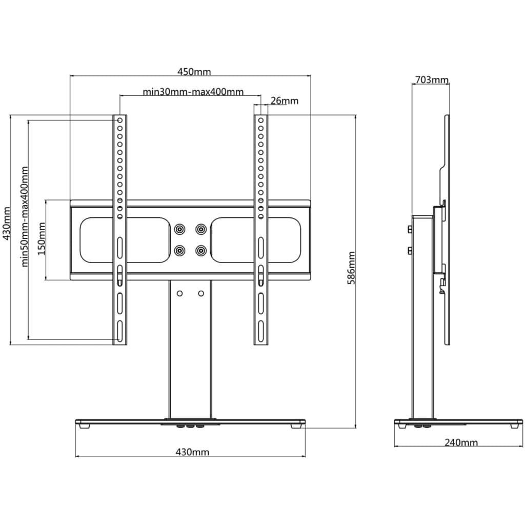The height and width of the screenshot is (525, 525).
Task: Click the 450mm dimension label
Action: (x=194, y=72)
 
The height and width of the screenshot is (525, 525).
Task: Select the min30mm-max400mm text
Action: (x=193, y=92)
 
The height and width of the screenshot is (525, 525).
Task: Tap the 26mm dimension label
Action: (x=284, y=100)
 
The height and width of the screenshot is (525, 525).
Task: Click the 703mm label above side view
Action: (x=431, y=80)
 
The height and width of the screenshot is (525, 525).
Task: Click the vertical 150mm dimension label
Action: (x=42, y=239)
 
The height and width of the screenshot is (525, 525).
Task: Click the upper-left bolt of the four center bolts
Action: (x=180, y=228)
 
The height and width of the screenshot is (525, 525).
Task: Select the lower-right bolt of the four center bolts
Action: (x=201, y=250)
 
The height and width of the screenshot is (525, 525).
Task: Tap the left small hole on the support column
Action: (x=180, y=293)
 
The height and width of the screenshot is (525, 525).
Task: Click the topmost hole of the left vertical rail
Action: (x=119, y=121)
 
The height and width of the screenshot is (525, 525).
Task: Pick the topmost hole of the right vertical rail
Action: (x=261, y=121)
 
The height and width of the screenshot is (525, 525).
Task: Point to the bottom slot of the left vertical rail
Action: (x=119, y=331)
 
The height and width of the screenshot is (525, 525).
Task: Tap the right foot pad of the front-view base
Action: (x=296, y=425)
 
